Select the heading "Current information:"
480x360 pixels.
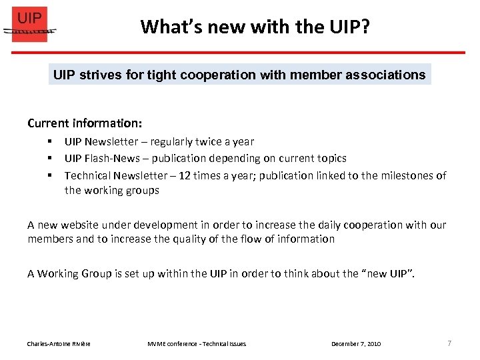click(x=85, y=123)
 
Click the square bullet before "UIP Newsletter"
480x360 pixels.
click(x=50, y=141)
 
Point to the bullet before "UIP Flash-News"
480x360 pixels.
click(x=50, y=159)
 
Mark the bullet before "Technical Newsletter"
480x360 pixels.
click(x=50, y=176)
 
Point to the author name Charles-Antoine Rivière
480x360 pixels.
click(x=59, y=344)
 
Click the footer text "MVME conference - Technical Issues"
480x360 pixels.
click(x=197, y=344)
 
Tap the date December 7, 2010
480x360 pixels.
click(x=356, y=344)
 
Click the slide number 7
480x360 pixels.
click(x=449, y=343)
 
